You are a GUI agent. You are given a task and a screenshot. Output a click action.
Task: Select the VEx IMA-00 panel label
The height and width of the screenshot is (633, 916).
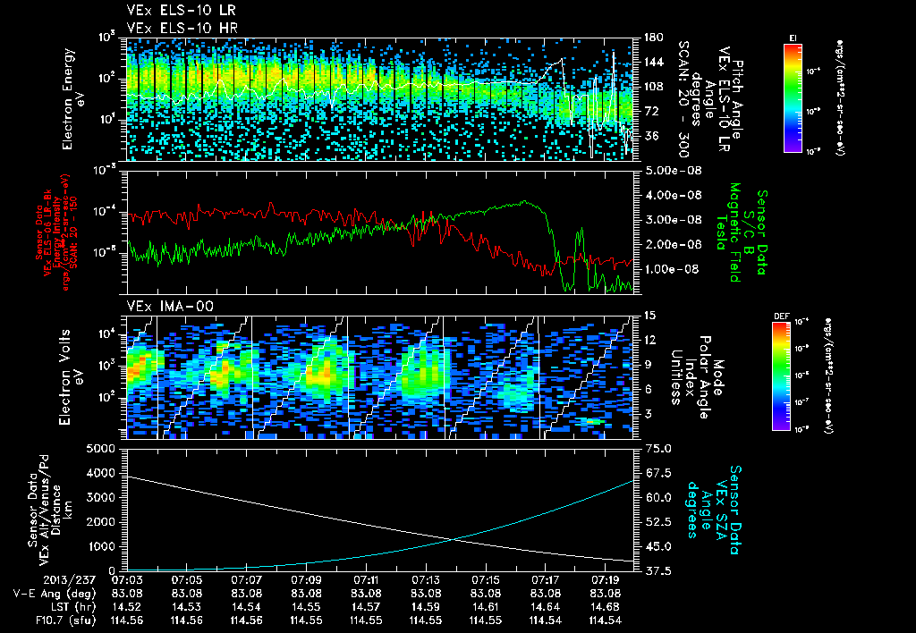[162, 306]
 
